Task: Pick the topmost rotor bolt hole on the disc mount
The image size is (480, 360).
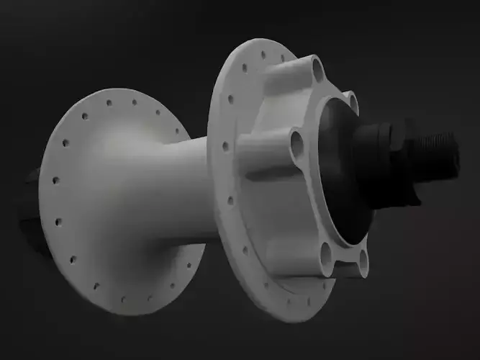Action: pos(317,69)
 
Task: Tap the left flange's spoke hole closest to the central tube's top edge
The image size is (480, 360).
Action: pos(177,132)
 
